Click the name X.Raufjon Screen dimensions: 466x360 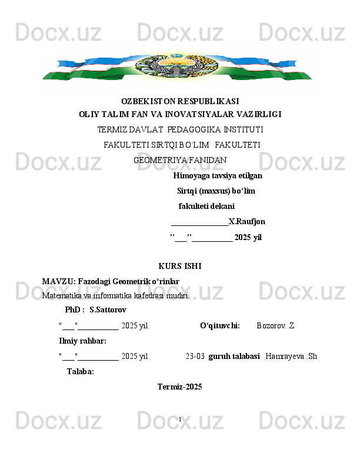click(246, 222)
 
